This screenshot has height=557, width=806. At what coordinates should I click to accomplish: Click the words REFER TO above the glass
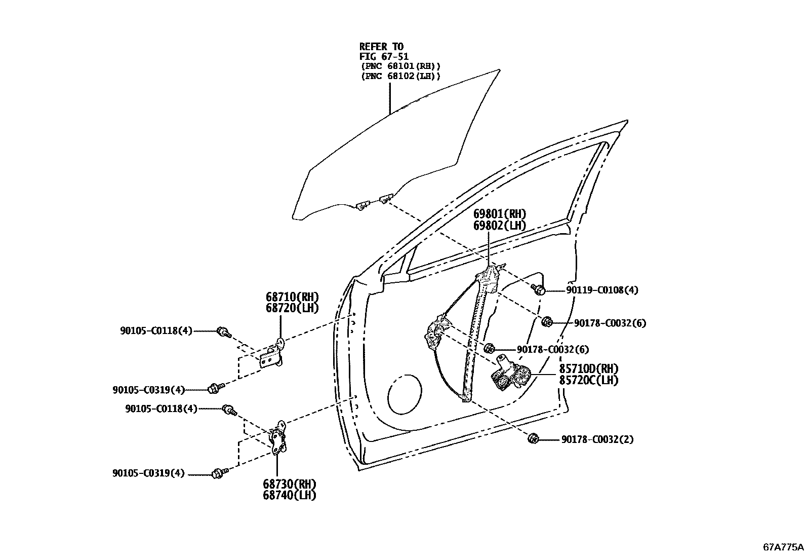(381, 47)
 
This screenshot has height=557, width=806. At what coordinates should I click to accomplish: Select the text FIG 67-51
(384, 57)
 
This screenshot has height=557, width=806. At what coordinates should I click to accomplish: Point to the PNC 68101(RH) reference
(400, 66)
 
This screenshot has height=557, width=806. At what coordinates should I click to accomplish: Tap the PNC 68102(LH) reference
(400, 77)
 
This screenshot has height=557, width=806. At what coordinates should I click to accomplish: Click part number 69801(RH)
(499, 214)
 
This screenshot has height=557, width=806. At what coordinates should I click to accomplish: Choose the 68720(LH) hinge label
(292, 308)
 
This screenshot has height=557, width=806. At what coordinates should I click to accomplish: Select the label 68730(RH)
(289, 484)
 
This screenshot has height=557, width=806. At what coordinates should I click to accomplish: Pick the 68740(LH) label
(289, 495)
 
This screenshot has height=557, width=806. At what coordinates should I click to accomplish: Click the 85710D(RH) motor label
(588, 369)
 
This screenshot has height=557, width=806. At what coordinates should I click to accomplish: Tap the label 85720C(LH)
(588, 380)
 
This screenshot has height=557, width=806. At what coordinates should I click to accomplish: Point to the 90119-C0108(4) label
(602, 290)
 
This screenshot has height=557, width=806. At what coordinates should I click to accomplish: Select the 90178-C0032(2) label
(597, 439)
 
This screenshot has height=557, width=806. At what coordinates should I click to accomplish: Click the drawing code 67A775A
(783, 547)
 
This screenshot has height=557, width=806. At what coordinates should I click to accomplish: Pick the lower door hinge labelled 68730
(278, 438)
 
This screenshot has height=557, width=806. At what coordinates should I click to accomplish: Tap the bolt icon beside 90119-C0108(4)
(539, 290)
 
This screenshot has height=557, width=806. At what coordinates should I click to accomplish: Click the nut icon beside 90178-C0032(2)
(533, 438)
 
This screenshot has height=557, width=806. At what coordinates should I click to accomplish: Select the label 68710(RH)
(292, 296)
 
